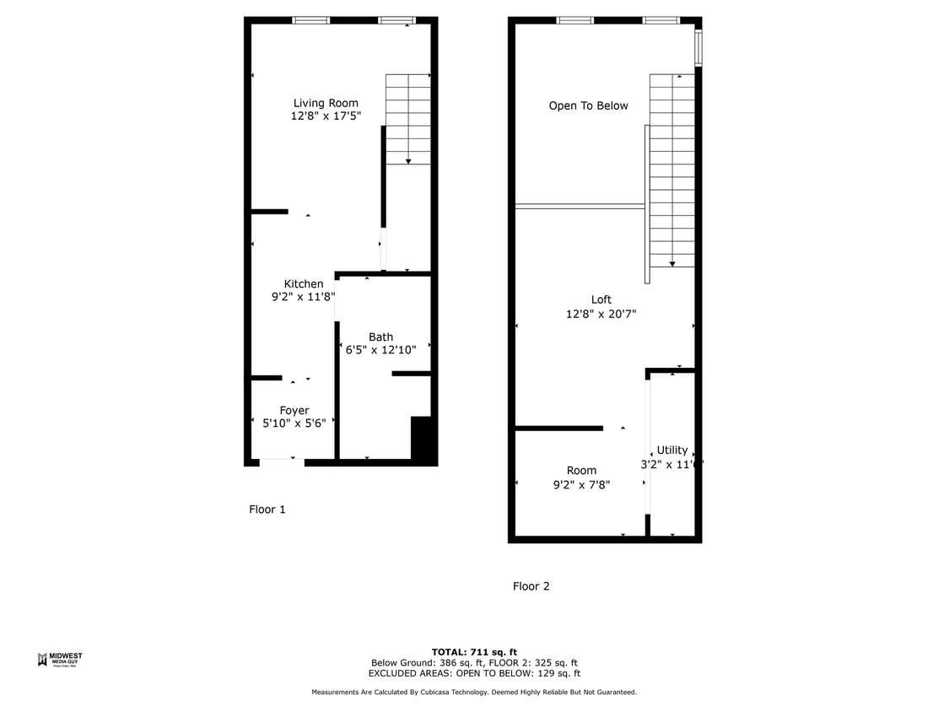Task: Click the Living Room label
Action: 326,104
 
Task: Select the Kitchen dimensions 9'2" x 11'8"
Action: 303,297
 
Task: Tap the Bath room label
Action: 380,337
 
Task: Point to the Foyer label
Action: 294,411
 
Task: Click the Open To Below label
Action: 588,106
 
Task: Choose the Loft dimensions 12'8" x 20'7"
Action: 601,314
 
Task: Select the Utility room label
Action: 672,450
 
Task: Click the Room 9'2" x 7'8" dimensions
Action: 581,485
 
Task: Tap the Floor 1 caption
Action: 267,510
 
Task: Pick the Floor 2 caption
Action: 531,586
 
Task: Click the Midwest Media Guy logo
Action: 60,660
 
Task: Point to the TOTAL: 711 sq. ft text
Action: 474,652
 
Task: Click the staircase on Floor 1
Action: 408,119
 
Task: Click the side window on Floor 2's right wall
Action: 698,48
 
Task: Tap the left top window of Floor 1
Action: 310,20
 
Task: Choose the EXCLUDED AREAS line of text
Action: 474,673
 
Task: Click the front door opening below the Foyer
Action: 282,462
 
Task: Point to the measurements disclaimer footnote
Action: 474,693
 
